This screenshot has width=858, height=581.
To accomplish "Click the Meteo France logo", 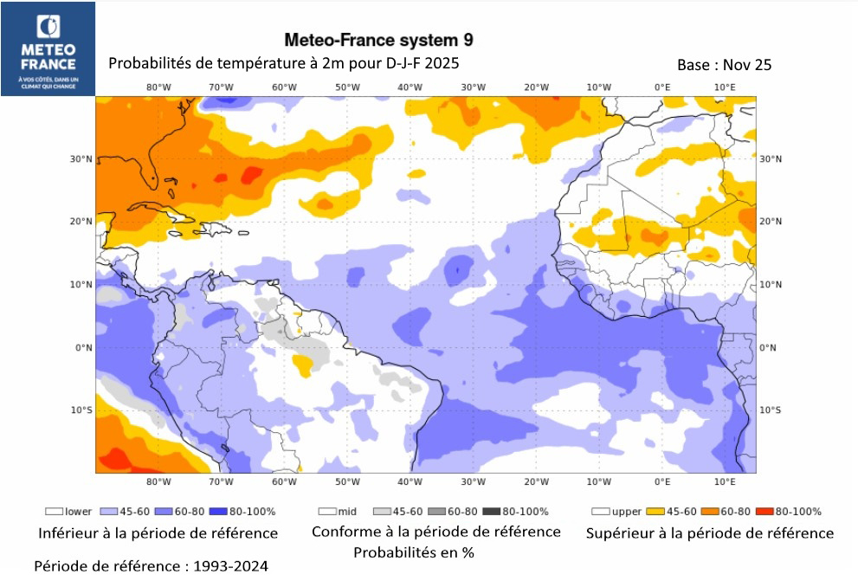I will coord(48,48).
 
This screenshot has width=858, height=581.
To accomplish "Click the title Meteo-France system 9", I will coord(379,40).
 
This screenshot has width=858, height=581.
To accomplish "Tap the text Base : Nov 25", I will coord(725,65).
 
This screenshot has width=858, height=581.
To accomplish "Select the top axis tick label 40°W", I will coord(410,87).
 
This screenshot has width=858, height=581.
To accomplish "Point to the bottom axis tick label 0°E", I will coord(662,481).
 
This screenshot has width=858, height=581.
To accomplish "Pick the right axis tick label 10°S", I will coord(769,410).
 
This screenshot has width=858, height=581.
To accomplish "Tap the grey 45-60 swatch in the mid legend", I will coord(382,512).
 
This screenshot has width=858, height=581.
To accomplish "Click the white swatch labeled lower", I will coord(55,512).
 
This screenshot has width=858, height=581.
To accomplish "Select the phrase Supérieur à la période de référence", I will coord(710,533).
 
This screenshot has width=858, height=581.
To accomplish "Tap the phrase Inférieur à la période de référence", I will coord(157,533).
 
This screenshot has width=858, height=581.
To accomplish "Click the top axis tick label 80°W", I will coord(158,87).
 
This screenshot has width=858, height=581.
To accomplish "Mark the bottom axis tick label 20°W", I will coord(537,481).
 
